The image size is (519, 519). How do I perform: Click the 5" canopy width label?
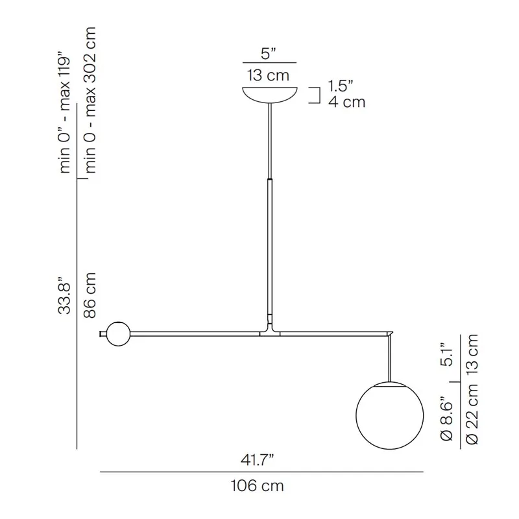(x=269, y=54)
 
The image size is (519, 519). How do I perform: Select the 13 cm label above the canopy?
(x=268, y=75)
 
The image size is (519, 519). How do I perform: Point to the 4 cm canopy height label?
(x=346, y=102)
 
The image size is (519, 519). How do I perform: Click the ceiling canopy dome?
(x=270, y=95)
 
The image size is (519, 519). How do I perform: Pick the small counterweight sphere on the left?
(x=118, y=333)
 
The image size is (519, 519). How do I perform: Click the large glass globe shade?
(x=390, y=416)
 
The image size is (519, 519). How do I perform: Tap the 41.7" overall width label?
(x=258, y=461)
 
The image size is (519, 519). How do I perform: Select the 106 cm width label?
(x=257, y=486)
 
